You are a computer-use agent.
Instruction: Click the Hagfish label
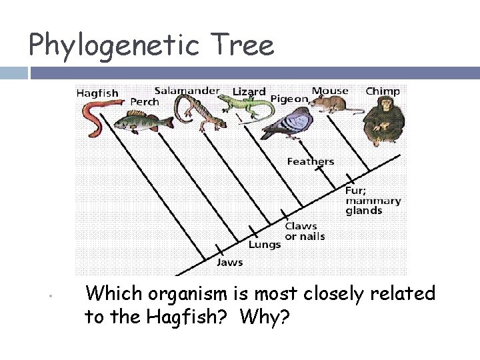(x=97, y=93)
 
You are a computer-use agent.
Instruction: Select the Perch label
(x=145, y=102)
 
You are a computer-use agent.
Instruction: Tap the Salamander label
(x=187, y=90)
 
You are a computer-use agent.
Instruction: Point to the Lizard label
(x=249, y=91)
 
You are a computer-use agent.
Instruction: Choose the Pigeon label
(x=289, y=99)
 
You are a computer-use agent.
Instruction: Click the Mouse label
(x=330, y=91)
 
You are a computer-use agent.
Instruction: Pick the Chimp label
(x=383, y=91)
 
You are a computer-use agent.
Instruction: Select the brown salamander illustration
(x=193, y=110)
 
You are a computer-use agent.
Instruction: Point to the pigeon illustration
(x=287, y=123)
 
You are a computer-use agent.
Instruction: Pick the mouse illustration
(x=328, y=104)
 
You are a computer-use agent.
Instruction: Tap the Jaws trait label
(x=229, y=262)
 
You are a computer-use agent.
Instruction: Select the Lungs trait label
(x=265, y=245)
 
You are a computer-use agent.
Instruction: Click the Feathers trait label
(x=311, y=161)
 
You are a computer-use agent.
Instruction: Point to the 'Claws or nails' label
(x=305, y=231)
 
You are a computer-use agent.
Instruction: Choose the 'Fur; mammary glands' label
(x=373, y=200)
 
